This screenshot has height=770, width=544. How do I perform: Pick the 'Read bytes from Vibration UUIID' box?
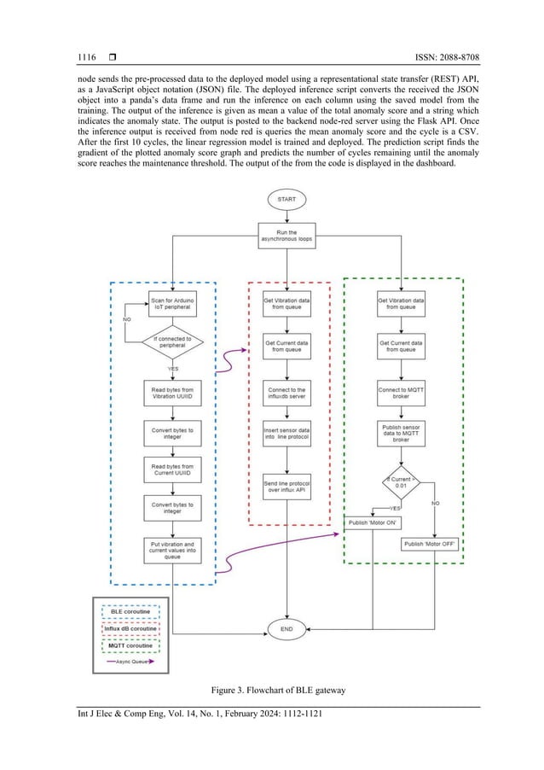pos(173,392)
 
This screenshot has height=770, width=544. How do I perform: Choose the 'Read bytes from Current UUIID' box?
pos(173,469)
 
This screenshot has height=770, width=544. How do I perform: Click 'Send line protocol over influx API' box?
pos(286,488)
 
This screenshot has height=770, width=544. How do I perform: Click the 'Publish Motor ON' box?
pos(373,522)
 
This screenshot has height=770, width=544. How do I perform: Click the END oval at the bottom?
pos(286,629)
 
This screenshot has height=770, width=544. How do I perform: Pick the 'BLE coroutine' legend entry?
pos(130,611)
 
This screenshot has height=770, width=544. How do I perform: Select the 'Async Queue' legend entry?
pos(130,661)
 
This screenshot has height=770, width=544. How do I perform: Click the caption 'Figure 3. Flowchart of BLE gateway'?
pos(272,689)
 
